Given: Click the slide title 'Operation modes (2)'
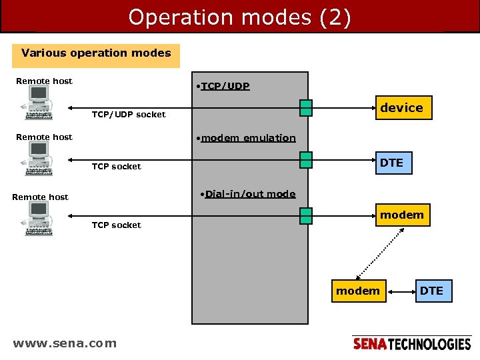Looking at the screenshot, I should coord(239,17).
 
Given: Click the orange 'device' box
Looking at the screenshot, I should coord(401,108).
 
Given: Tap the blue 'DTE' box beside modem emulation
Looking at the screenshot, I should coord(391,163).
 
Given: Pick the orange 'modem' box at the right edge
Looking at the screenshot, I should coord(401,215).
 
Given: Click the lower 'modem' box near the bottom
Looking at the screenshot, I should coord(358,291).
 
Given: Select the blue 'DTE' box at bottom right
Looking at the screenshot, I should coord(431,291).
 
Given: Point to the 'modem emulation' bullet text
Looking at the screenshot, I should coord(243,138).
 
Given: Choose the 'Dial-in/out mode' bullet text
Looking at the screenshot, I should coord(247,194).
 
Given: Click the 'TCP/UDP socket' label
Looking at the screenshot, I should coord(128,115).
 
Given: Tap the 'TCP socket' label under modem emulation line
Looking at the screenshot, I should coord(116,167).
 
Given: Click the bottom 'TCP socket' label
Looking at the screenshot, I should coord(116,225).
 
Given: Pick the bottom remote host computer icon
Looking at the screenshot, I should coord(39,219).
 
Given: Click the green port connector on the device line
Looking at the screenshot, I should coord(305,107).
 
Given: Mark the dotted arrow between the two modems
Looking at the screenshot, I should coord(382,253).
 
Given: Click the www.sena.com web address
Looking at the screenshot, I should coord(65,343).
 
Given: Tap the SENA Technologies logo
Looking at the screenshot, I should coord(411,344).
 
